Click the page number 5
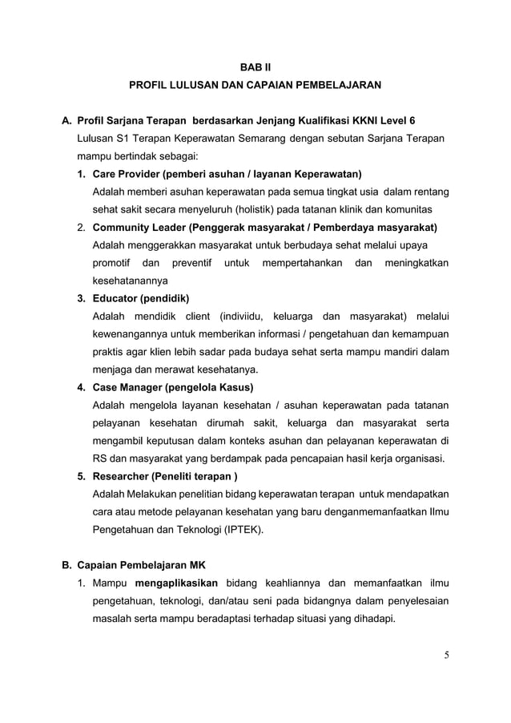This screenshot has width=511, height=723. point(446,656)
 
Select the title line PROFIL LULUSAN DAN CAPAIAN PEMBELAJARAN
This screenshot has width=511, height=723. point(255,84)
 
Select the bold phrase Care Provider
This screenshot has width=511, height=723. point(127,174)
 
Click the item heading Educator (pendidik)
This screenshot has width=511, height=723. point(141,299)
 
